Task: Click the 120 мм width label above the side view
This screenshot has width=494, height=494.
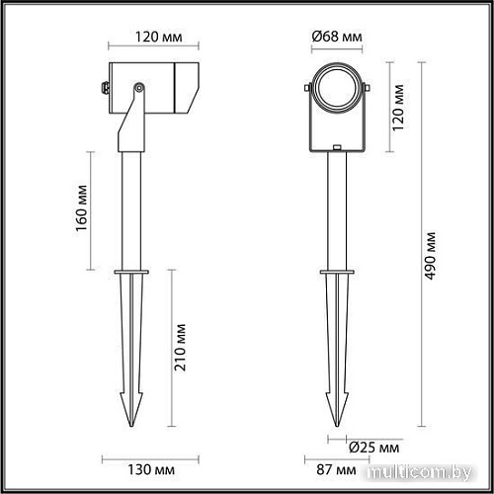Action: coord(153,39)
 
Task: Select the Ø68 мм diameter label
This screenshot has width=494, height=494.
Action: coord(337,38)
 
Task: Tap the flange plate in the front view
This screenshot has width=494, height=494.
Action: coord(337,271)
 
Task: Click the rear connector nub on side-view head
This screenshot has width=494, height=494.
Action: coord(106,87)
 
